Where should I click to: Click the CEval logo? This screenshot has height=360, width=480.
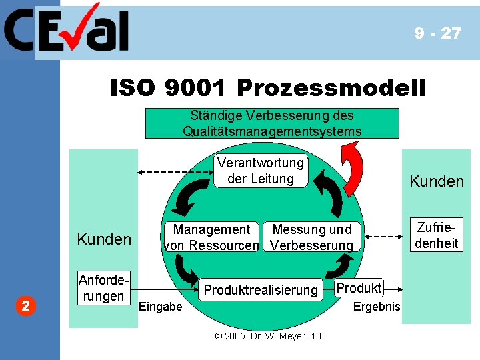[67, 29]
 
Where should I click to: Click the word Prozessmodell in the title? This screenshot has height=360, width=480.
[331, 87]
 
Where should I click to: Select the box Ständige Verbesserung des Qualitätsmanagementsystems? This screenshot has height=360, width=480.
[272, 123]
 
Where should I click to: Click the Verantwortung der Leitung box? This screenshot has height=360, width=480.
[260, 171]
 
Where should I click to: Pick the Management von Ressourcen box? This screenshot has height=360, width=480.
[211, 237]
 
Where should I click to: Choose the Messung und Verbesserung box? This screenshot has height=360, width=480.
[312, 237]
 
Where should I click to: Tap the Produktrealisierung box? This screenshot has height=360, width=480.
[261, 290]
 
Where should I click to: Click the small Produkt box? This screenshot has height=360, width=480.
[359, 288]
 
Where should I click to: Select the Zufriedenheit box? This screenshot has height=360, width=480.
[437, 235]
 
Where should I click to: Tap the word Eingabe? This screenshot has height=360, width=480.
[159, 307]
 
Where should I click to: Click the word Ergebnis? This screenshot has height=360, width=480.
[377, 307]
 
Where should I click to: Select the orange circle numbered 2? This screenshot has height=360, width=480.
[25, 307]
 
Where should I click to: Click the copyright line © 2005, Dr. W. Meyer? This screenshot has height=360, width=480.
[268, 336]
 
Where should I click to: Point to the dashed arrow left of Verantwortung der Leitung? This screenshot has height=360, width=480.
[175, 172]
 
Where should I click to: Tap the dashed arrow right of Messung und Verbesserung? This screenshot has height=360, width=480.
[381, 237]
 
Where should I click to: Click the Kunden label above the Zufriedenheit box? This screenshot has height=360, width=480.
[437, 181]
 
